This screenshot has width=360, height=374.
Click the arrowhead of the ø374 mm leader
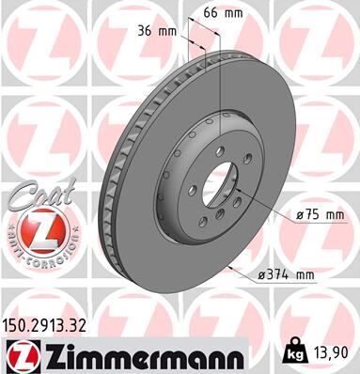tap(228, 266)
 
